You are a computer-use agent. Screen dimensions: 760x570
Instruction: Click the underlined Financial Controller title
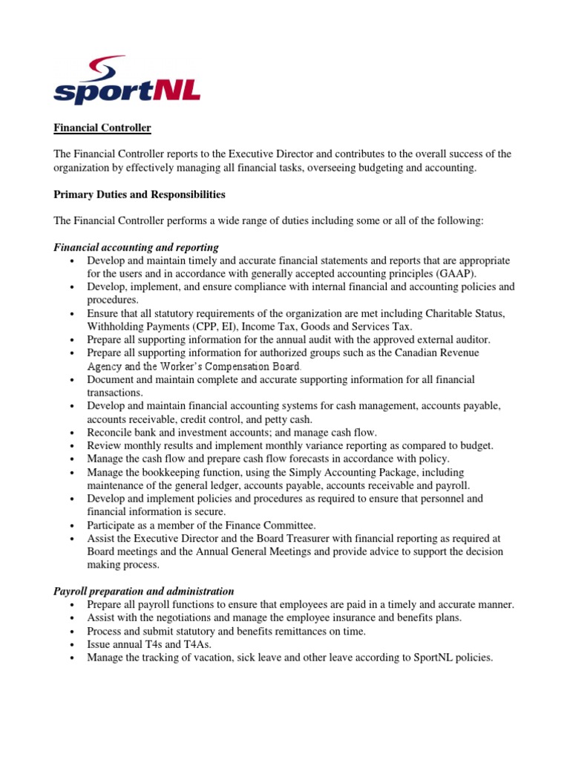[102, 128]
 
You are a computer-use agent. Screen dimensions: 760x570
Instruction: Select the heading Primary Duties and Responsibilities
[139, 195]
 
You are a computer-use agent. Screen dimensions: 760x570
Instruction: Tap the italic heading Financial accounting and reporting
[136, 247]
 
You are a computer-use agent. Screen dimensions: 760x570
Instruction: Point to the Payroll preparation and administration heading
[144, 592]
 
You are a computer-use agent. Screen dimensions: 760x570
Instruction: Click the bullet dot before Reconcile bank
[71, 433]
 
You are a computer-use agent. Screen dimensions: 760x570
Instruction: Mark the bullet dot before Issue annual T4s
[71, 645]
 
